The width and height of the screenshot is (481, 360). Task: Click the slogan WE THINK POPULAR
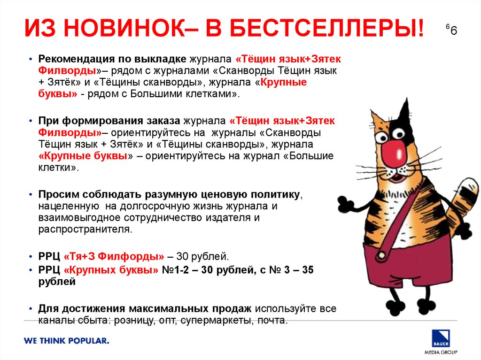click(x=67, y=341)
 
